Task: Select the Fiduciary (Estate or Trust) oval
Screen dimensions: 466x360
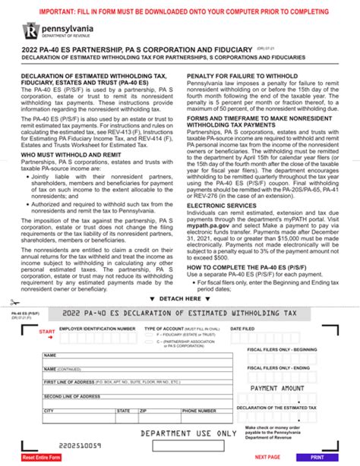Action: tap(150, 333)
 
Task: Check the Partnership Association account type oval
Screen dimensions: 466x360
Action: tap(150, 342)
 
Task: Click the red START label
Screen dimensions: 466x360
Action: tap(46, 332)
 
